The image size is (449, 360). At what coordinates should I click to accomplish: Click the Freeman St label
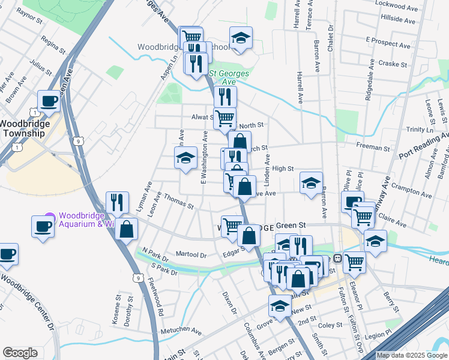tap(373, 147)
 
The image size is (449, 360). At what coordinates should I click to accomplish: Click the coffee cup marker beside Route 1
tap(49, 100)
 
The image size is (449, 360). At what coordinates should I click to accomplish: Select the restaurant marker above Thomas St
tap(116, 202)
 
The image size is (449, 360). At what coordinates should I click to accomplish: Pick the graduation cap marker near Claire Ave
tap(375, 240)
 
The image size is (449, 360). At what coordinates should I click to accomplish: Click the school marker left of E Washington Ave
tap(186, 158)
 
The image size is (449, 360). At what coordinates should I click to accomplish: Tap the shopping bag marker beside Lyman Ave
tap(127, 228)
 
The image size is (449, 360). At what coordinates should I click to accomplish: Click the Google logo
tap(20, 353)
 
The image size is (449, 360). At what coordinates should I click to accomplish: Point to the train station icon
tap(337, 259)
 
